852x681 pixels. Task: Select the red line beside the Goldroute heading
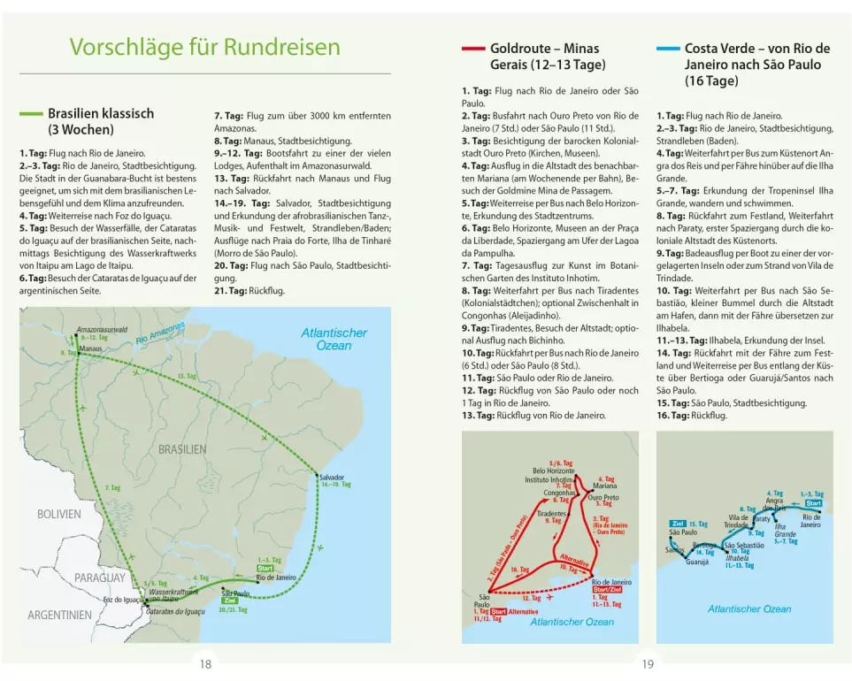[x=473, y=49]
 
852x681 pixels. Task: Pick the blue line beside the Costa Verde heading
[x=667, y=49]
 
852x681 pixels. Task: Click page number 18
[x=205, y=664]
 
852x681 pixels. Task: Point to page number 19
[x=648, y=664]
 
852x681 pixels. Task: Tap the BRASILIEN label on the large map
[x=182, y=449]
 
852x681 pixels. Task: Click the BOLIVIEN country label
[x=58, y=514]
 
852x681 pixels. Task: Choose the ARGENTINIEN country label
[x=59, y=615]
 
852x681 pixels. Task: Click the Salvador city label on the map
[x=332, y=477]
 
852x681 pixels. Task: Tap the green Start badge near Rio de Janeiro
[x=265, y=568]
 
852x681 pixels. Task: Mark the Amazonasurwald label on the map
[x=102, y=329]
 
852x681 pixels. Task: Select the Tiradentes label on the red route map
[x=551, y=513]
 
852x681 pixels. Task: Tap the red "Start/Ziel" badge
[x=610, y=590]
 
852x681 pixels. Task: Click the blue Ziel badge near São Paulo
[x=679, y=524]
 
